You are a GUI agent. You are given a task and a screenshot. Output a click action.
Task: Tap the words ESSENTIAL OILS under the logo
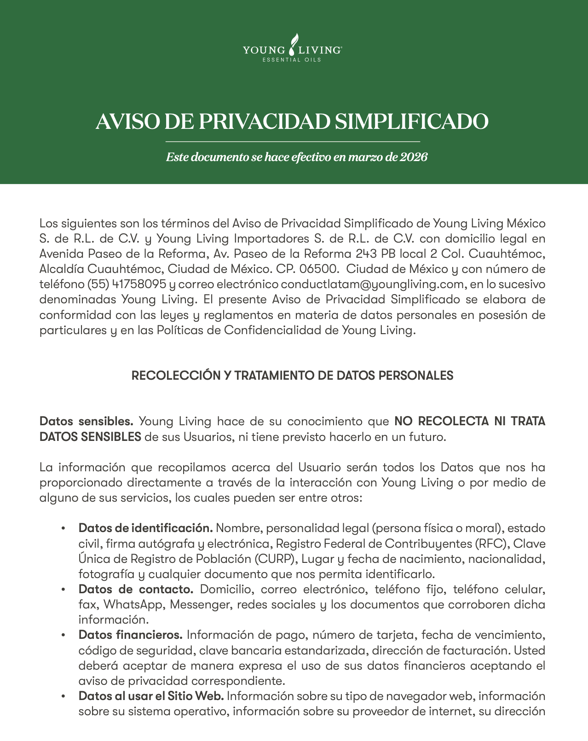(x=291, y=60)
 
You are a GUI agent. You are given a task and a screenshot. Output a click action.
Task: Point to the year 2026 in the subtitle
(x=414, y=157)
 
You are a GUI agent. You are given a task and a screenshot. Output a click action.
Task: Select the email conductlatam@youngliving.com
(x=372, y=284)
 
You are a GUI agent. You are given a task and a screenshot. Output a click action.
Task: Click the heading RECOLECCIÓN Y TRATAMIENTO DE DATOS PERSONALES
(x=293, y=376)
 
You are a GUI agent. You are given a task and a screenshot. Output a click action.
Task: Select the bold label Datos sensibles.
(x=86, y=421)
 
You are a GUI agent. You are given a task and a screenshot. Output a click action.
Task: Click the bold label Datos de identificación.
(x=145, y=528)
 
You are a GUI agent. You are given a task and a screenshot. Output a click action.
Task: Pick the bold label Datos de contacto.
(x=136, y=589)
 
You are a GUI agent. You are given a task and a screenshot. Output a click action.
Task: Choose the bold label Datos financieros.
(x=131, y=635)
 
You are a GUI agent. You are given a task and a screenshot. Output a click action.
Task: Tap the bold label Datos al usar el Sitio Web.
(x=151, y=696)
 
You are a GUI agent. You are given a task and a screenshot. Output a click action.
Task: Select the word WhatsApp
(x=133, y=604)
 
